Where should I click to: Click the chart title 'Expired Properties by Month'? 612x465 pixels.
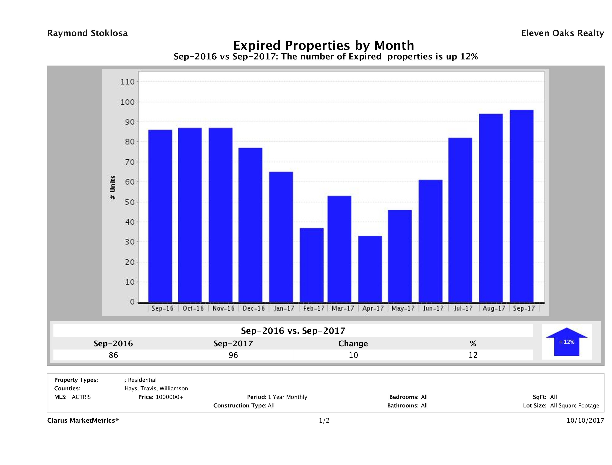[323, 45]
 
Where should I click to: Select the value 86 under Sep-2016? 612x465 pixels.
[113, 355]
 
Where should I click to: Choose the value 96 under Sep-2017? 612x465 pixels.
[233, 355]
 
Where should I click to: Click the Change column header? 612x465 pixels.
[353, 344]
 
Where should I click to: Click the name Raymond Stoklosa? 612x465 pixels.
[87, 33]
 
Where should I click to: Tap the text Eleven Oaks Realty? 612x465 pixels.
[562, 33]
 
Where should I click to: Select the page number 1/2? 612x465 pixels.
[324, 421]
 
